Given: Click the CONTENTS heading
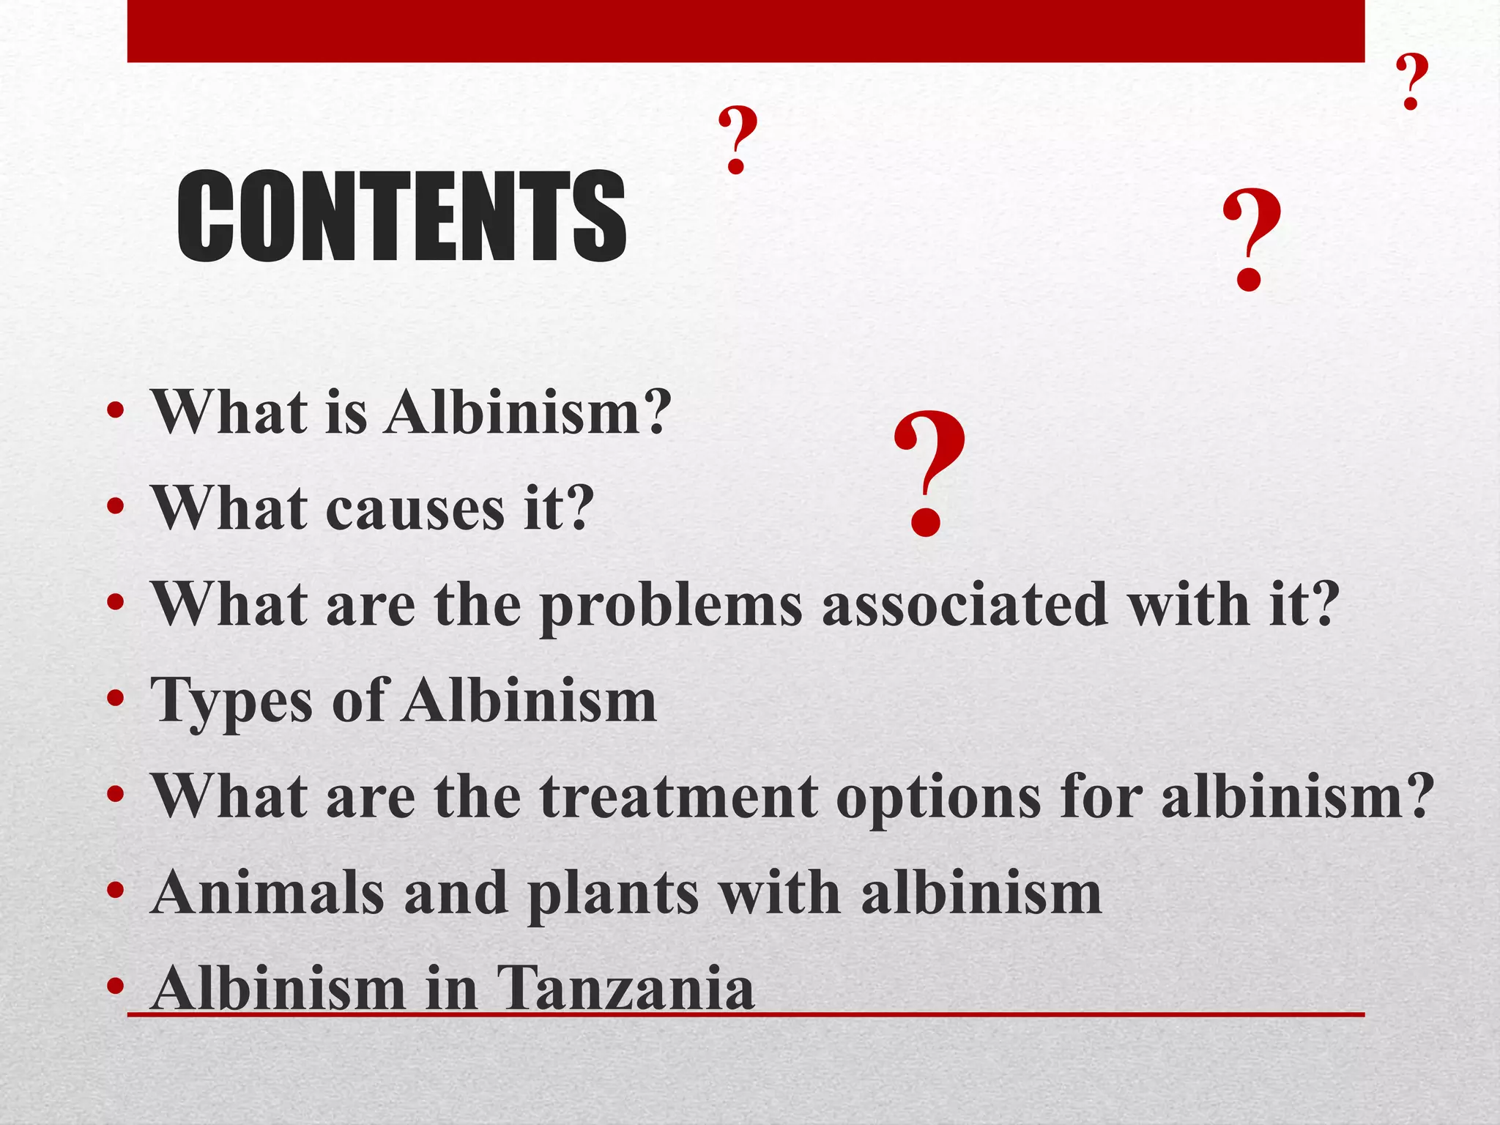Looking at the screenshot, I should [401, 216].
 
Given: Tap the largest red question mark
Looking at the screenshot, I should [929, 472].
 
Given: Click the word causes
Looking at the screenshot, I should [415, 508].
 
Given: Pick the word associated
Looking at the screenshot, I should [965, 604].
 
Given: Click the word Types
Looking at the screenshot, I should [231, 702].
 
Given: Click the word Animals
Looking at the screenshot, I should [267, 893].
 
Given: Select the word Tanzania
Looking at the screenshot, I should [625, 989].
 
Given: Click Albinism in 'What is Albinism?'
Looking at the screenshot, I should [527, 412].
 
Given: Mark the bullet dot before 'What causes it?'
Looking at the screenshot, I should [116, 506].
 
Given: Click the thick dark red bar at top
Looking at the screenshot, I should [746, 31].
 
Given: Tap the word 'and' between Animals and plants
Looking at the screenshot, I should [456, 893].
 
